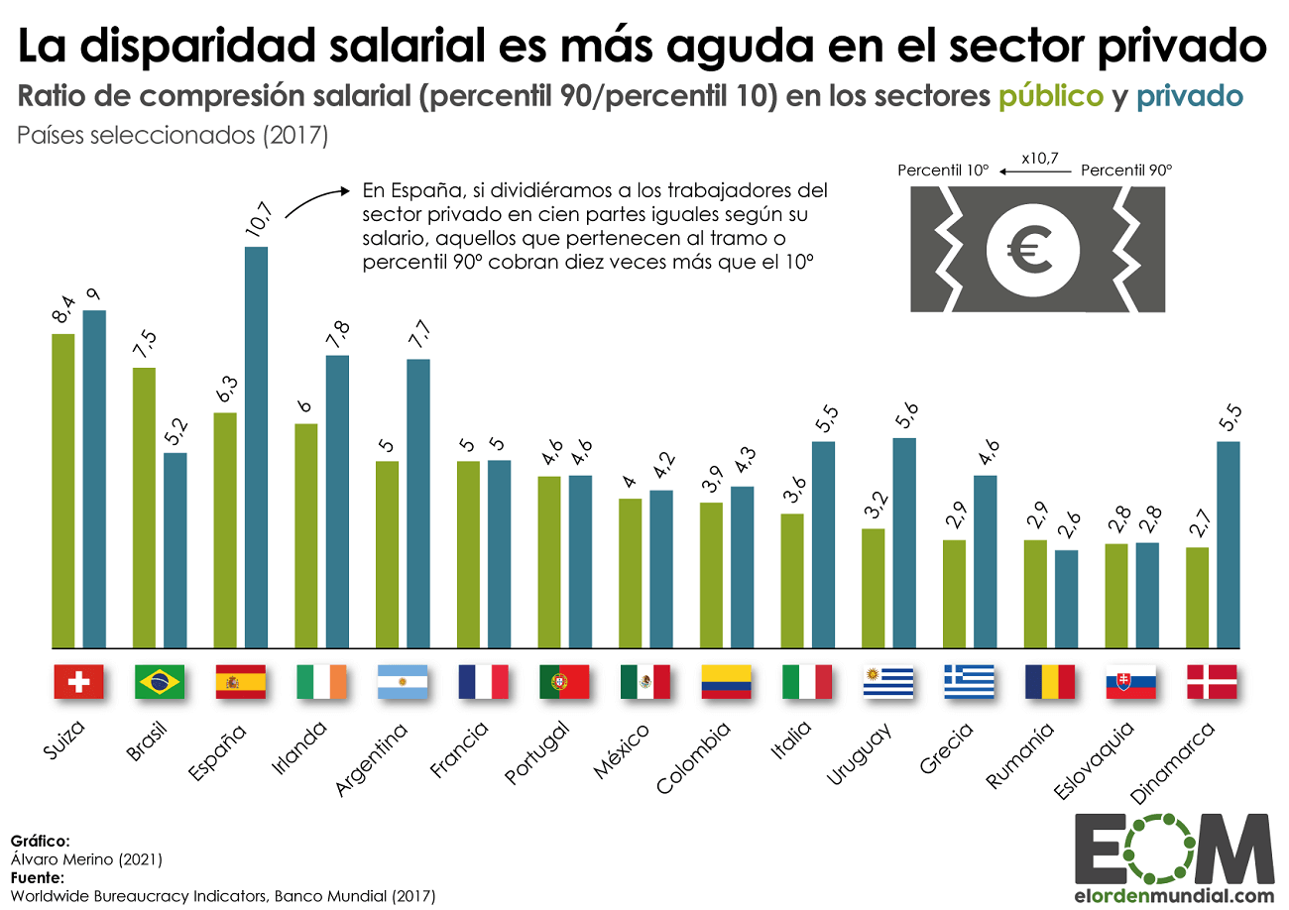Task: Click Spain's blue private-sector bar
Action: point(256,446)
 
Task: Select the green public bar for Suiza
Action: point(63,490)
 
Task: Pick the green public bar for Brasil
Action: point(145,507)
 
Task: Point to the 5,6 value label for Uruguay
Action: point(904,416)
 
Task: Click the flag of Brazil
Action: point(159,682)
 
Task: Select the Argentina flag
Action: point(402,682)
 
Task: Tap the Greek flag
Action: point(969,682)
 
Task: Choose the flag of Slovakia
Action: point(1130,682)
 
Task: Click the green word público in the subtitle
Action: point(1050,96)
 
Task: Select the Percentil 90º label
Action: point(1125,171)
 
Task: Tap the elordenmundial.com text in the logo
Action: point(1174,896)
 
